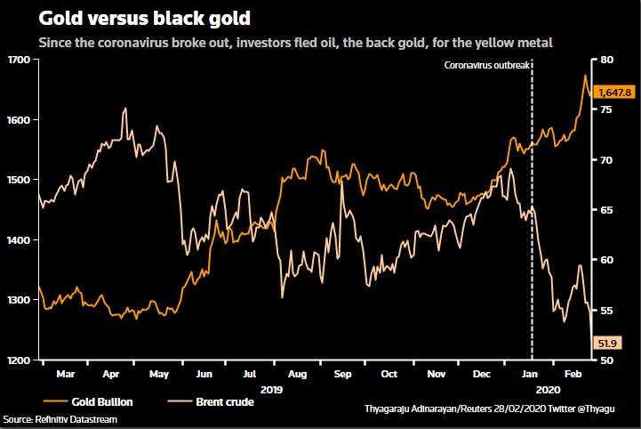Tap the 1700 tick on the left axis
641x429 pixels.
pyautogui.click(x=17, y=60)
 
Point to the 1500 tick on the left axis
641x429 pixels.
pyautogui.click(x=17, y=180)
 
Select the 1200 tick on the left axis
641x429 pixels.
pyautogui.click(x=17, y=360)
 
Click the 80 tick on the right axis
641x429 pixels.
pyautogui.click(x=607, y=60)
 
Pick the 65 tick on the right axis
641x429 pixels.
pyautogui.click(x=607, y=210)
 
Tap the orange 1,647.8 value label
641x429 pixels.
pyautogui.click(x=614, y=92)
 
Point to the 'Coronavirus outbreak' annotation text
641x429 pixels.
pyautogui.click(x=486, y=67)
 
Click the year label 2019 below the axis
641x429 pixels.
pyautogui.click(x=271, y=389)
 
